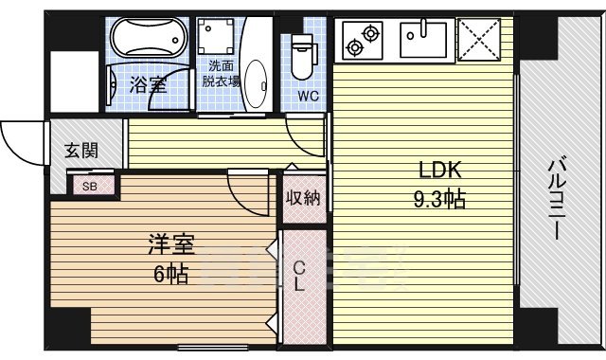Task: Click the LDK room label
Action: click(440, 171)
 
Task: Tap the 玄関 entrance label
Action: click(80, 150)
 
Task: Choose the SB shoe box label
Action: click(89, 186)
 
